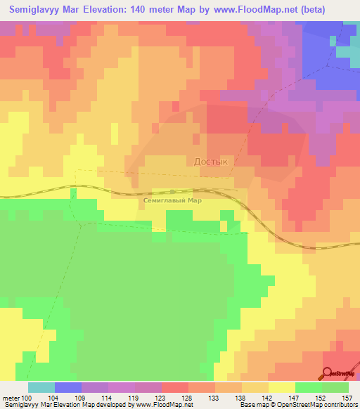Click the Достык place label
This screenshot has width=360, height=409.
pos(211,161)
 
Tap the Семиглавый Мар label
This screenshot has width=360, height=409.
pos(172,200)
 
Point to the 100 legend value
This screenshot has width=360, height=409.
pos(26,398)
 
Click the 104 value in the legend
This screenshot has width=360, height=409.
pos(53,398)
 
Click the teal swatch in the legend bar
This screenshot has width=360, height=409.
pos(41,387)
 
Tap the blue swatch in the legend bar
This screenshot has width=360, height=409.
pos(67,387)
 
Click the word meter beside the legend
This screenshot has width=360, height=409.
pos(11,398)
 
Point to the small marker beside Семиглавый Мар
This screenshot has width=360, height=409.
pos(172,190)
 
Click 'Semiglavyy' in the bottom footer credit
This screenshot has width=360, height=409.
pos(20,405)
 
